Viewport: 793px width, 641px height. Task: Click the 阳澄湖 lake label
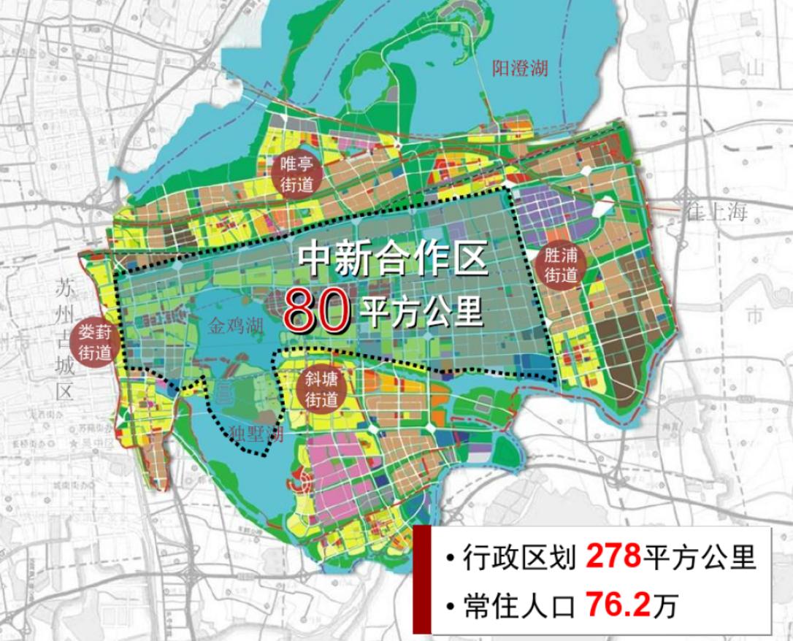pos(519,69)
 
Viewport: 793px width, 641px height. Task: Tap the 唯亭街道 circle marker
pos(296,173)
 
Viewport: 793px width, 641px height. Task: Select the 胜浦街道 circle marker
pos(561,266)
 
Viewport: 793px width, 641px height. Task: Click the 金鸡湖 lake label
pos(234,326)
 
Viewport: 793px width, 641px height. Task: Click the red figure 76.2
pos(617,605)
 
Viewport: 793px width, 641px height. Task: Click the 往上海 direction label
pos(717,213)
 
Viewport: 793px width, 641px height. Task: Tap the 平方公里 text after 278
pos(699,559)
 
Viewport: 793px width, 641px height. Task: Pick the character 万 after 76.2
pos(665,607)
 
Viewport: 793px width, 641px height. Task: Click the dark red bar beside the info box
pos(421,580)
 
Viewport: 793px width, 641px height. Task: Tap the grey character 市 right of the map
pos(754,315)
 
